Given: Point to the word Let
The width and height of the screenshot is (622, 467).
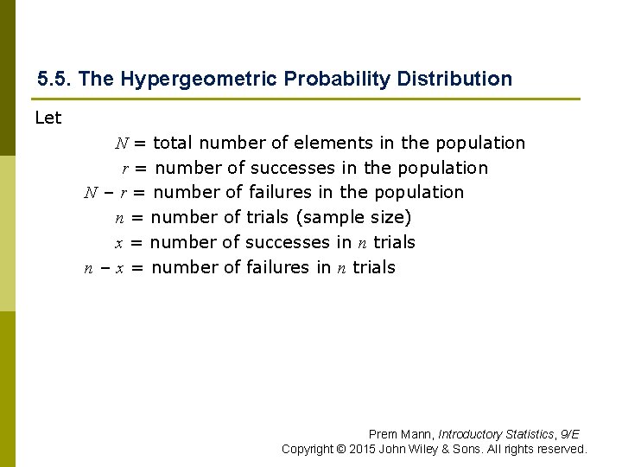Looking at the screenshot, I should click(x=48, y=118).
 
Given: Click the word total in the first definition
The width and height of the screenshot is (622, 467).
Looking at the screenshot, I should click(x=171, y=143).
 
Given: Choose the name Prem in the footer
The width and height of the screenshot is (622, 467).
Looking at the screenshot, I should click(x=384, y=434).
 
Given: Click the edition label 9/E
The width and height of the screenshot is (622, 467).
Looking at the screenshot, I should click(x=569, y=434).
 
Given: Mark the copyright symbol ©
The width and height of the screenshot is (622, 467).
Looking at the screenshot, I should click(x=341, y=449).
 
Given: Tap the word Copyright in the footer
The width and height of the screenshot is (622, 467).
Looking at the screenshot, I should click(x=308, y=449).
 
